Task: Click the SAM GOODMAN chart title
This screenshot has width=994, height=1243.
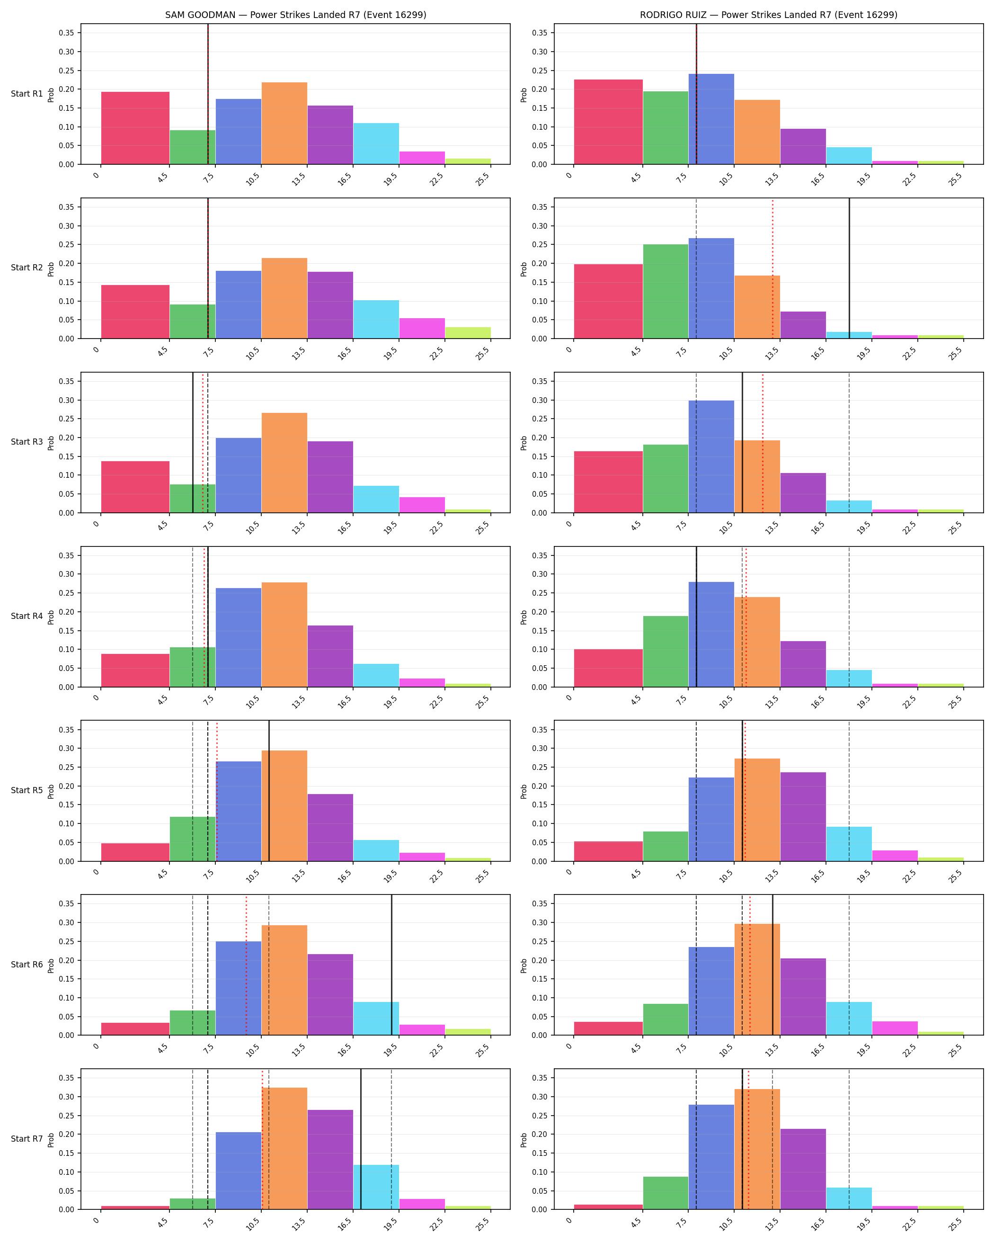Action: [x=296, y=15]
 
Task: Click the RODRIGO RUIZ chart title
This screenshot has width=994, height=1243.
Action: [x=768, y=15]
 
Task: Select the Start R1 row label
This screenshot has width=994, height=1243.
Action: [x=27, y=94]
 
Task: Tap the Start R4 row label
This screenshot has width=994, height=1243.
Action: [x=27, y=617]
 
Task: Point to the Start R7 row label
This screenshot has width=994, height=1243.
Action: [x=27, y=1139]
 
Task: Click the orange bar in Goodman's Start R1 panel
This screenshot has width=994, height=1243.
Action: [x=284, y=124]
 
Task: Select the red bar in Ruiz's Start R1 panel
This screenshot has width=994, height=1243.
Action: [x=608, y=122]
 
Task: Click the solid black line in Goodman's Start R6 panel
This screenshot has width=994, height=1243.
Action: [x=392, y=965]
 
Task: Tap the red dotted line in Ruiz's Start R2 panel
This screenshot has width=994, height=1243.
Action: [x=773, y=268]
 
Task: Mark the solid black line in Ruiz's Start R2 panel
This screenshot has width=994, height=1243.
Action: [x=849, y=268]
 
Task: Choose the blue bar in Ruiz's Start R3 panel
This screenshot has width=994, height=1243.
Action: [x=711, y=456]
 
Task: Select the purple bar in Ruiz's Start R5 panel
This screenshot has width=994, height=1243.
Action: [x=803, y=817]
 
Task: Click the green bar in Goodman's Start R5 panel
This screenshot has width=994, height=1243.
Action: [x=193, y=839]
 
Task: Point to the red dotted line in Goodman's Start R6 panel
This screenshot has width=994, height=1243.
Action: [x=246, y=965]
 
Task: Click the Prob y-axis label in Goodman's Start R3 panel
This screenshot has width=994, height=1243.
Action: [x=51, y=443]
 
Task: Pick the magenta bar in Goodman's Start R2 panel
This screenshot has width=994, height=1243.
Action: [x=422, y=329]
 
